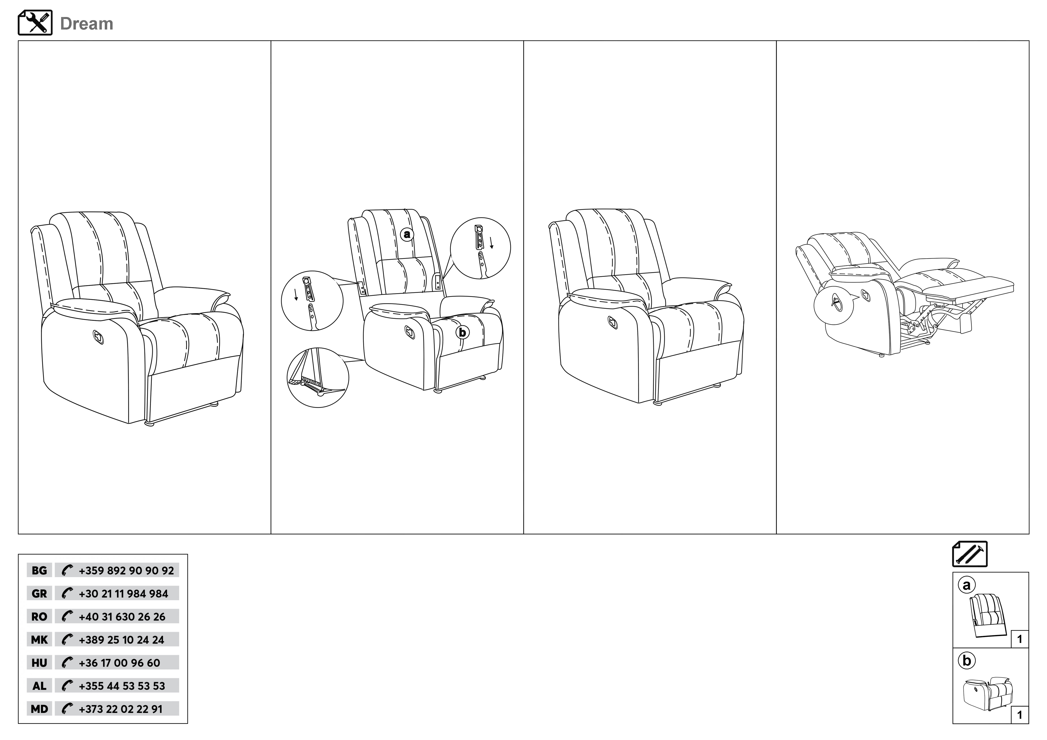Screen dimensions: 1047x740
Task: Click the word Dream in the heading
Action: [87, 24]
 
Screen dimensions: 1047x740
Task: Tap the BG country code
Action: [39, 570]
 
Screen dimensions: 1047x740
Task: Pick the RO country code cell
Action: [39, 616]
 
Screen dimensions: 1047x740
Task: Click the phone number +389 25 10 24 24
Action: [121, 640]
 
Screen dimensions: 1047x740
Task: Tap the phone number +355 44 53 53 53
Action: [122, 686]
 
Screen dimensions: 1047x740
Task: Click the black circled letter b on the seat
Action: [462, 332]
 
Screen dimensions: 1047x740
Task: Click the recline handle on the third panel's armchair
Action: [613, 322]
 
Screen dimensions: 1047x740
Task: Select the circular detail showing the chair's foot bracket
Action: [318, 377]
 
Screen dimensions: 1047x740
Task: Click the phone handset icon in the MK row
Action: [67, 640]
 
